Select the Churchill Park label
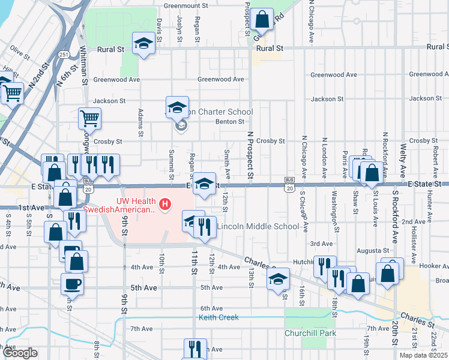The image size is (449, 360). coord(310,333)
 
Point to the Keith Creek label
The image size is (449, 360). coord(218,317)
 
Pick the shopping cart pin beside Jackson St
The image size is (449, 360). coord(89,118)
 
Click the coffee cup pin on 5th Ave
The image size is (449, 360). coord(73,283)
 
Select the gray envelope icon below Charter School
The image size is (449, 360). coord(180,126)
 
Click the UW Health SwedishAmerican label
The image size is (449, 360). coord(119,205)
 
